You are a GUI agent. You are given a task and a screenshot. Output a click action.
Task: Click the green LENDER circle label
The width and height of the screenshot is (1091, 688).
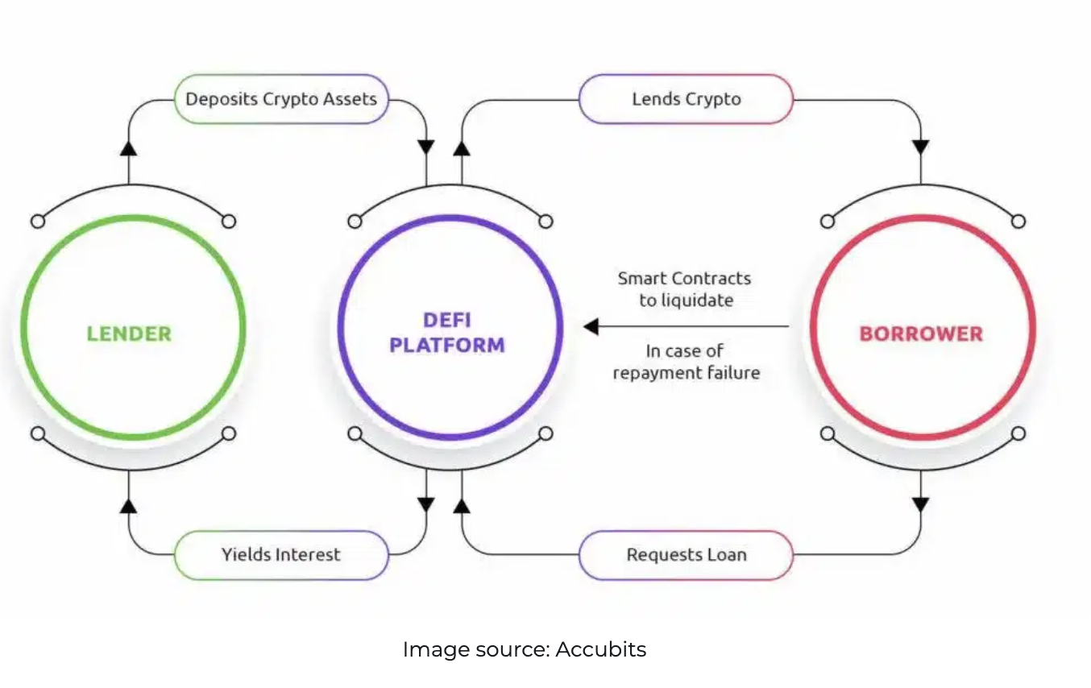(129, 333)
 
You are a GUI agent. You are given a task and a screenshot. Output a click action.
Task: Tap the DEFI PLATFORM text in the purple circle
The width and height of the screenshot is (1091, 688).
(447, 333)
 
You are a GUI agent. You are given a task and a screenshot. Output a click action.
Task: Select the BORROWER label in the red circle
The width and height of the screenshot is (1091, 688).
(921, 333)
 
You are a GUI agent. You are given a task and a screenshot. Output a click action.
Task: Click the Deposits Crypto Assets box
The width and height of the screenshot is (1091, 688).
(281, 99)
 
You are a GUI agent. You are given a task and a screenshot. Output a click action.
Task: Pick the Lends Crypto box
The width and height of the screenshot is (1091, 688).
(686, 99)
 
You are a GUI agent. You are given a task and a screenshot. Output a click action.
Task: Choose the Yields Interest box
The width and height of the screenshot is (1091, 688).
(281, 554)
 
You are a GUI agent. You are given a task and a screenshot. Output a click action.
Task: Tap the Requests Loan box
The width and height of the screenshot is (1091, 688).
(686, 554)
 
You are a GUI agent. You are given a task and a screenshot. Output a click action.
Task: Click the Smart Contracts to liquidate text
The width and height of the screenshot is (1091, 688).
(684, 289)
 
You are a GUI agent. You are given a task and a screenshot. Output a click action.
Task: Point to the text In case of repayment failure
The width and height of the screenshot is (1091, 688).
(686, 362)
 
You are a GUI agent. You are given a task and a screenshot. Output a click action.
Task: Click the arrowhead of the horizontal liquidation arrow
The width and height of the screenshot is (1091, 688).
(591, 326)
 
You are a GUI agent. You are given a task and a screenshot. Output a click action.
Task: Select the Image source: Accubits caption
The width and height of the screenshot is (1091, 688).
(524, 649)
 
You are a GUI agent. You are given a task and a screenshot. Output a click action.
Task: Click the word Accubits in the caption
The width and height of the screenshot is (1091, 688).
(600, 649)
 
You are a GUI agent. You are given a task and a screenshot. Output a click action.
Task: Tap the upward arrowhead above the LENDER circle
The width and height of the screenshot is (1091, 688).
(128, 147)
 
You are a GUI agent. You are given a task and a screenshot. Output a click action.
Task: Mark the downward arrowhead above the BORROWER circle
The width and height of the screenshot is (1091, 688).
(920, 147)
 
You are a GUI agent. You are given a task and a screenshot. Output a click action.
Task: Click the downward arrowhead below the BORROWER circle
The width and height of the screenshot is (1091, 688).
(920, 504)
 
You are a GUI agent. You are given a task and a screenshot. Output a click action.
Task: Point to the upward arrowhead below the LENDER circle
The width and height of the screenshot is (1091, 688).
(128, 505)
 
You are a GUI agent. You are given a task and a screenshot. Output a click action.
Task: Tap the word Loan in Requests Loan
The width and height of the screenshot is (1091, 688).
(728, 554)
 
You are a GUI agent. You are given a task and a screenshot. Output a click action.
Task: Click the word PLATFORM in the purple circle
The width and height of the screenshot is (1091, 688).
(447, 346)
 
